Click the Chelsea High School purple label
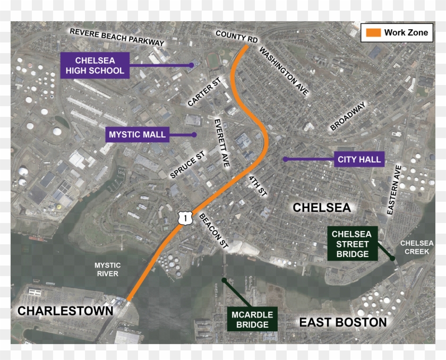(x=95, y=65)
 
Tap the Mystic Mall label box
(x=137, y=134)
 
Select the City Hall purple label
(x=359, y=159)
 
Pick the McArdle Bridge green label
(x=252, y=319)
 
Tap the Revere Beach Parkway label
(x=117, y=37)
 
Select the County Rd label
(x=237, y=37)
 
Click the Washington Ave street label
(x=284, y=71)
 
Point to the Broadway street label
(x=348, y=116)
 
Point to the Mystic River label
(x=107, y=269)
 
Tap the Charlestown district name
(x=66, y=311)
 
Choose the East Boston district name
(x=342, y=322)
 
